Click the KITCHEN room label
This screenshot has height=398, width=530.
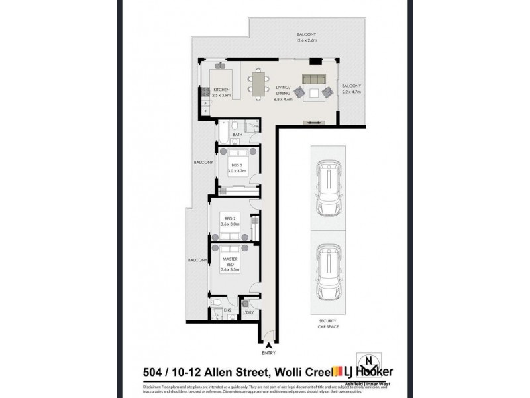tap(221, 90)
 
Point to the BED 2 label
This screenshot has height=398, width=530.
tap(230, 218)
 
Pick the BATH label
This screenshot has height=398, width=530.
tap(237, 135)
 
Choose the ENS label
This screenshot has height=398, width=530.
tap(227, 310)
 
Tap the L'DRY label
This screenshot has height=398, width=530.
tap(250, 311)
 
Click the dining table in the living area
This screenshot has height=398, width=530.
tap(256, 84)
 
